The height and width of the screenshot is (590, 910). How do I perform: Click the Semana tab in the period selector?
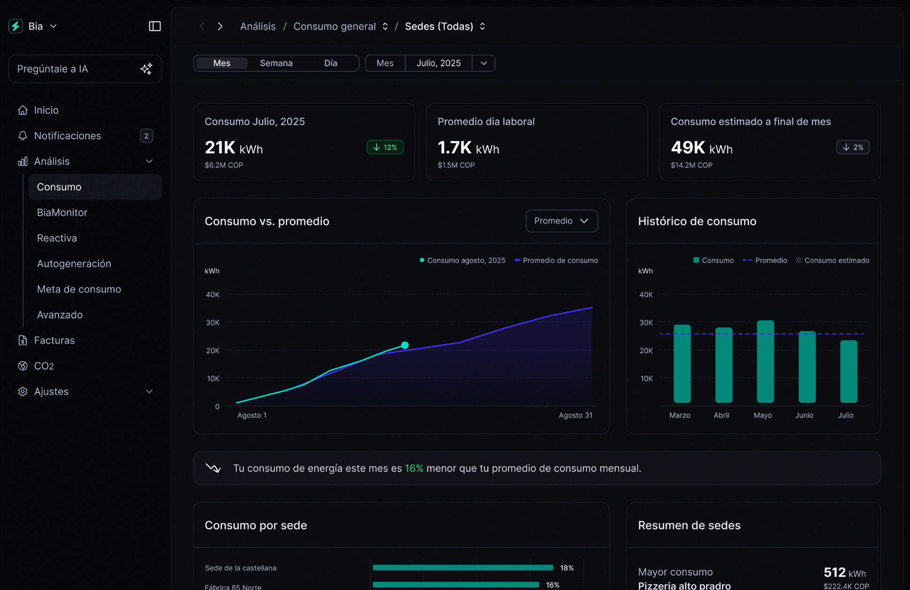pos(276,63)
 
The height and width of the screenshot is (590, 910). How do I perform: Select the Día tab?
pos(330,63)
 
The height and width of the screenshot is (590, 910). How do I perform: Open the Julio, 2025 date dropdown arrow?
pos(484,63)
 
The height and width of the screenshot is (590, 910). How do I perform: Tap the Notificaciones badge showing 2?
pos(146,136)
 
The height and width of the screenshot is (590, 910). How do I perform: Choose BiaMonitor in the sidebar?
pos(62,212)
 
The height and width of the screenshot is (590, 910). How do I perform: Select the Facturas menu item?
pos(54,340)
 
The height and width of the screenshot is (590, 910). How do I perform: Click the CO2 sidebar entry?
pos(44,366)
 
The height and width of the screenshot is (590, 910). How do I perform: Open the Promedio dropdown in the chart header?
pos(561,221)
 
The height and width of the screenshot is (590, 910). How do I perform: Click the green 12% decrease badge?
pos(385,147)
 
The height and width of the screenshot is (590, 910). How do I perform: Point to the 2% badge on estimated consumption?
pos(852,147)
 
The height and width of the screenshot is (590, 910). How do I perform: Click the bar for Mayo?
pos(765,362)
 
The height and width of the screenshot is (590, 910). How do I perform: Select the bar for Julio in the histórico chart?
pos(848,371)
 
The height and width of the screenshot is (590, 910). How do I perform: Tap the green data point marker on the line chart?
pos(405,345)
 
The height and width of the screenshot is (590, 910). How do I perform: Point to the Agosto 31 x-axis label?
pos(575,415)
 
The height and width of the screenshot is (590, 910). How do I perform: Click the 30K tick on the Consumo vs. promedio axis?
pos(212,323)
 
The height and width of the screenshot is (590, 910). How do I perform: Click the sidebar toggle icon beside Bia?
pos(154,26)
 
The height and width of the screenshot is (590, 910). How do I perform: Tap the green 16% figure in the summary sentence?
pos(414,468)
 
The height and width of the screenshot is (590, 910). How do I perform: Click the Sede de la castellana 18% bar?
pos(463,567)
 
